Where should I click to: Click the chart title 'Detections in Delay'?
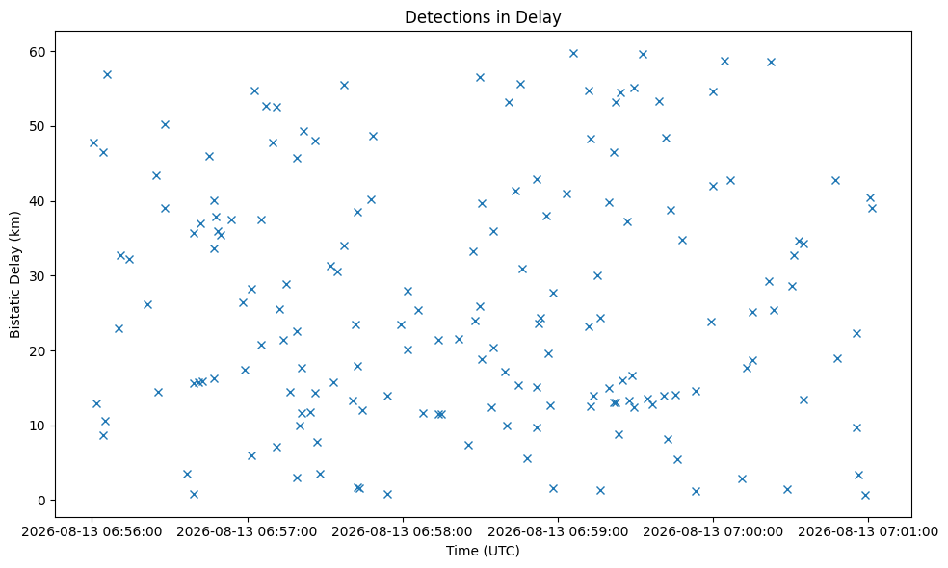coord(483,17)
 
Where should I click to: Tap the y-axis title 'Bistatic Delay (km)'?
coord(15,274)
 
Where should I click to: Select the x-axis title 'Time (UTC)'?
coord(483,551)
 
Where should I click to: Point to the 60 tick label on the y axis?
coord(39,52)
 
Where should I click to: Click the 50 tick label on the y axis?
coord(39,127)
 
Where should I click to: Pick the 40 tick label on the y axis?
coord(39,201)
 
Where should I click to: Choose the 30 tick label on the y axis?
coord(39,276)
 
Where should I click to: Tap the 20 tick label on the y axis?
coord(39,351)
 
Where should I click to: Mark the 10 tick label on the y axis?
coord(39,426)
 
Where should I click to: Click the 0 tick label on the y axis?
coord(42,501)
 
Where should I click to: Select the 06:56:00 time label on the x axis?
coord(92,531)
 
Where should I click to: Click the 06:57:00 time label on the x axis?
coord(248,531)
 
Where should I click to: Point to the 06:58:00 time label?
coord(402,531)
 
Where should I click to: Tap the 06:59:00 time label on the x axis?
coord(558,531)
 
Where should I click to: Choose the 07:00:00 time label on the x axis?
coord(713,531)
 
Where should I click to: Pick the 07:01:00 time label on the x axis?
coord(868,531)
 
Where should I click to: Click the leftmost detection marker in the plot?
coord(93,143)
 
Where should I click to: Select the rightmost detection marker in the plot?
coord(872,209)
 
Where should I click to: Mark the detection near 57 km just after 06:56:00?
coord(107,75)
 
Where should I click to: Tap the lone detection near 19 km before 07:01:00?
coord(837,358)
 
